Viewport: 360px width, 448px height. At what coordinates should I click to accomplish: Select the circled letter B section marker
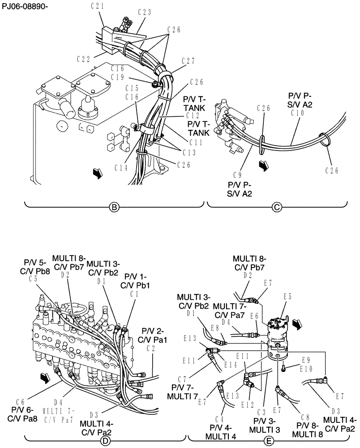pos(114,207)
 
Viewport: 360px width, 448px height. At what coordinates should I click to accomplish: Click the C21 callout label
pos(97,6)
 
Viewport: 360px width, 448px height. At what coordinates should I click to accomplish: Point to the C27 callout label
pos(189,61)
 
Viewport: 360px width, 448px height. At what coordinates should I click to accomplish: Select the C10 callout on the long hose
pos(297,113)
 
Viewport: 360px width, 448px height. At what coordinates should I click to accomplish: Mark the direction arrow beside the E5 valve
pos(296,323)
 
